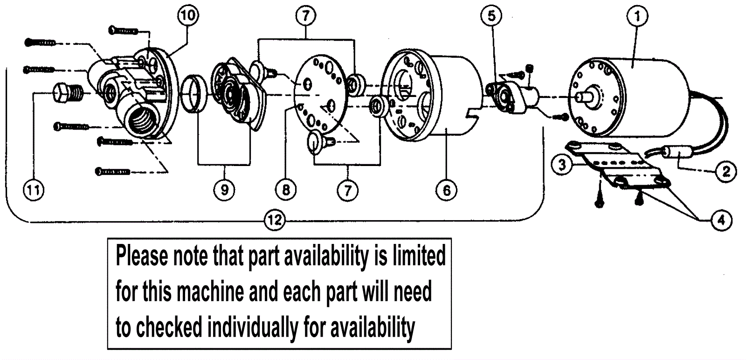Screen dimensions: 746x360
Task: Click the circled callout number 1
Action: pyautogui.click(x=637, y=16)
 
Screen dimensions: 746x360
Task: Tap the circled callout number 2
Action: pyautogui.click(x=726, y=171)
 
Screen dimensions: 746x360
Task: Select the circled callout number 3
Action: pyautogui.click(x=562, y=165)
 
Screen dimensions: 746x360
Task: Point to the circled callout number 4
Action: pyautogui.click(x=721, y=220)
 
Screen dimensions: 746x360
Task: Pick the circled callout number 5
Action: pyautogui.click(x=491, y=16)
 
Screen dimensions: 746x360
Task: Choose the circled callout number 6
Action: pyautogui.click(x=446, y=190)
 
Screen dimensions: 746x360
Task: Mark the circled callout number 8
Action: pyautogui.click(x=286, y=190)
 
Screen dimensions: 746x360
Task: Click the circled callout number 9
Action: pyautogui.click(x=224, y=190)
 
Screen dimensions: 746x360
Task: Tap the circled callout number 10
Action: pyautogui.click(x=188, y=16)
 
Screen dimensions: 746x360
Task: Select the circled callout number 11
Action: pyautogui.click(x=34, y=190)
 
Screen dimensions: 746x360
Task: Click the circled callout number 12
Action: pyautogui.click(x=275, y=220)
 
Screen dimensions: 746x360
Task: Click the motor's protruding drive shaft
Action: pyautogui.click(x=585, y=96)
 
